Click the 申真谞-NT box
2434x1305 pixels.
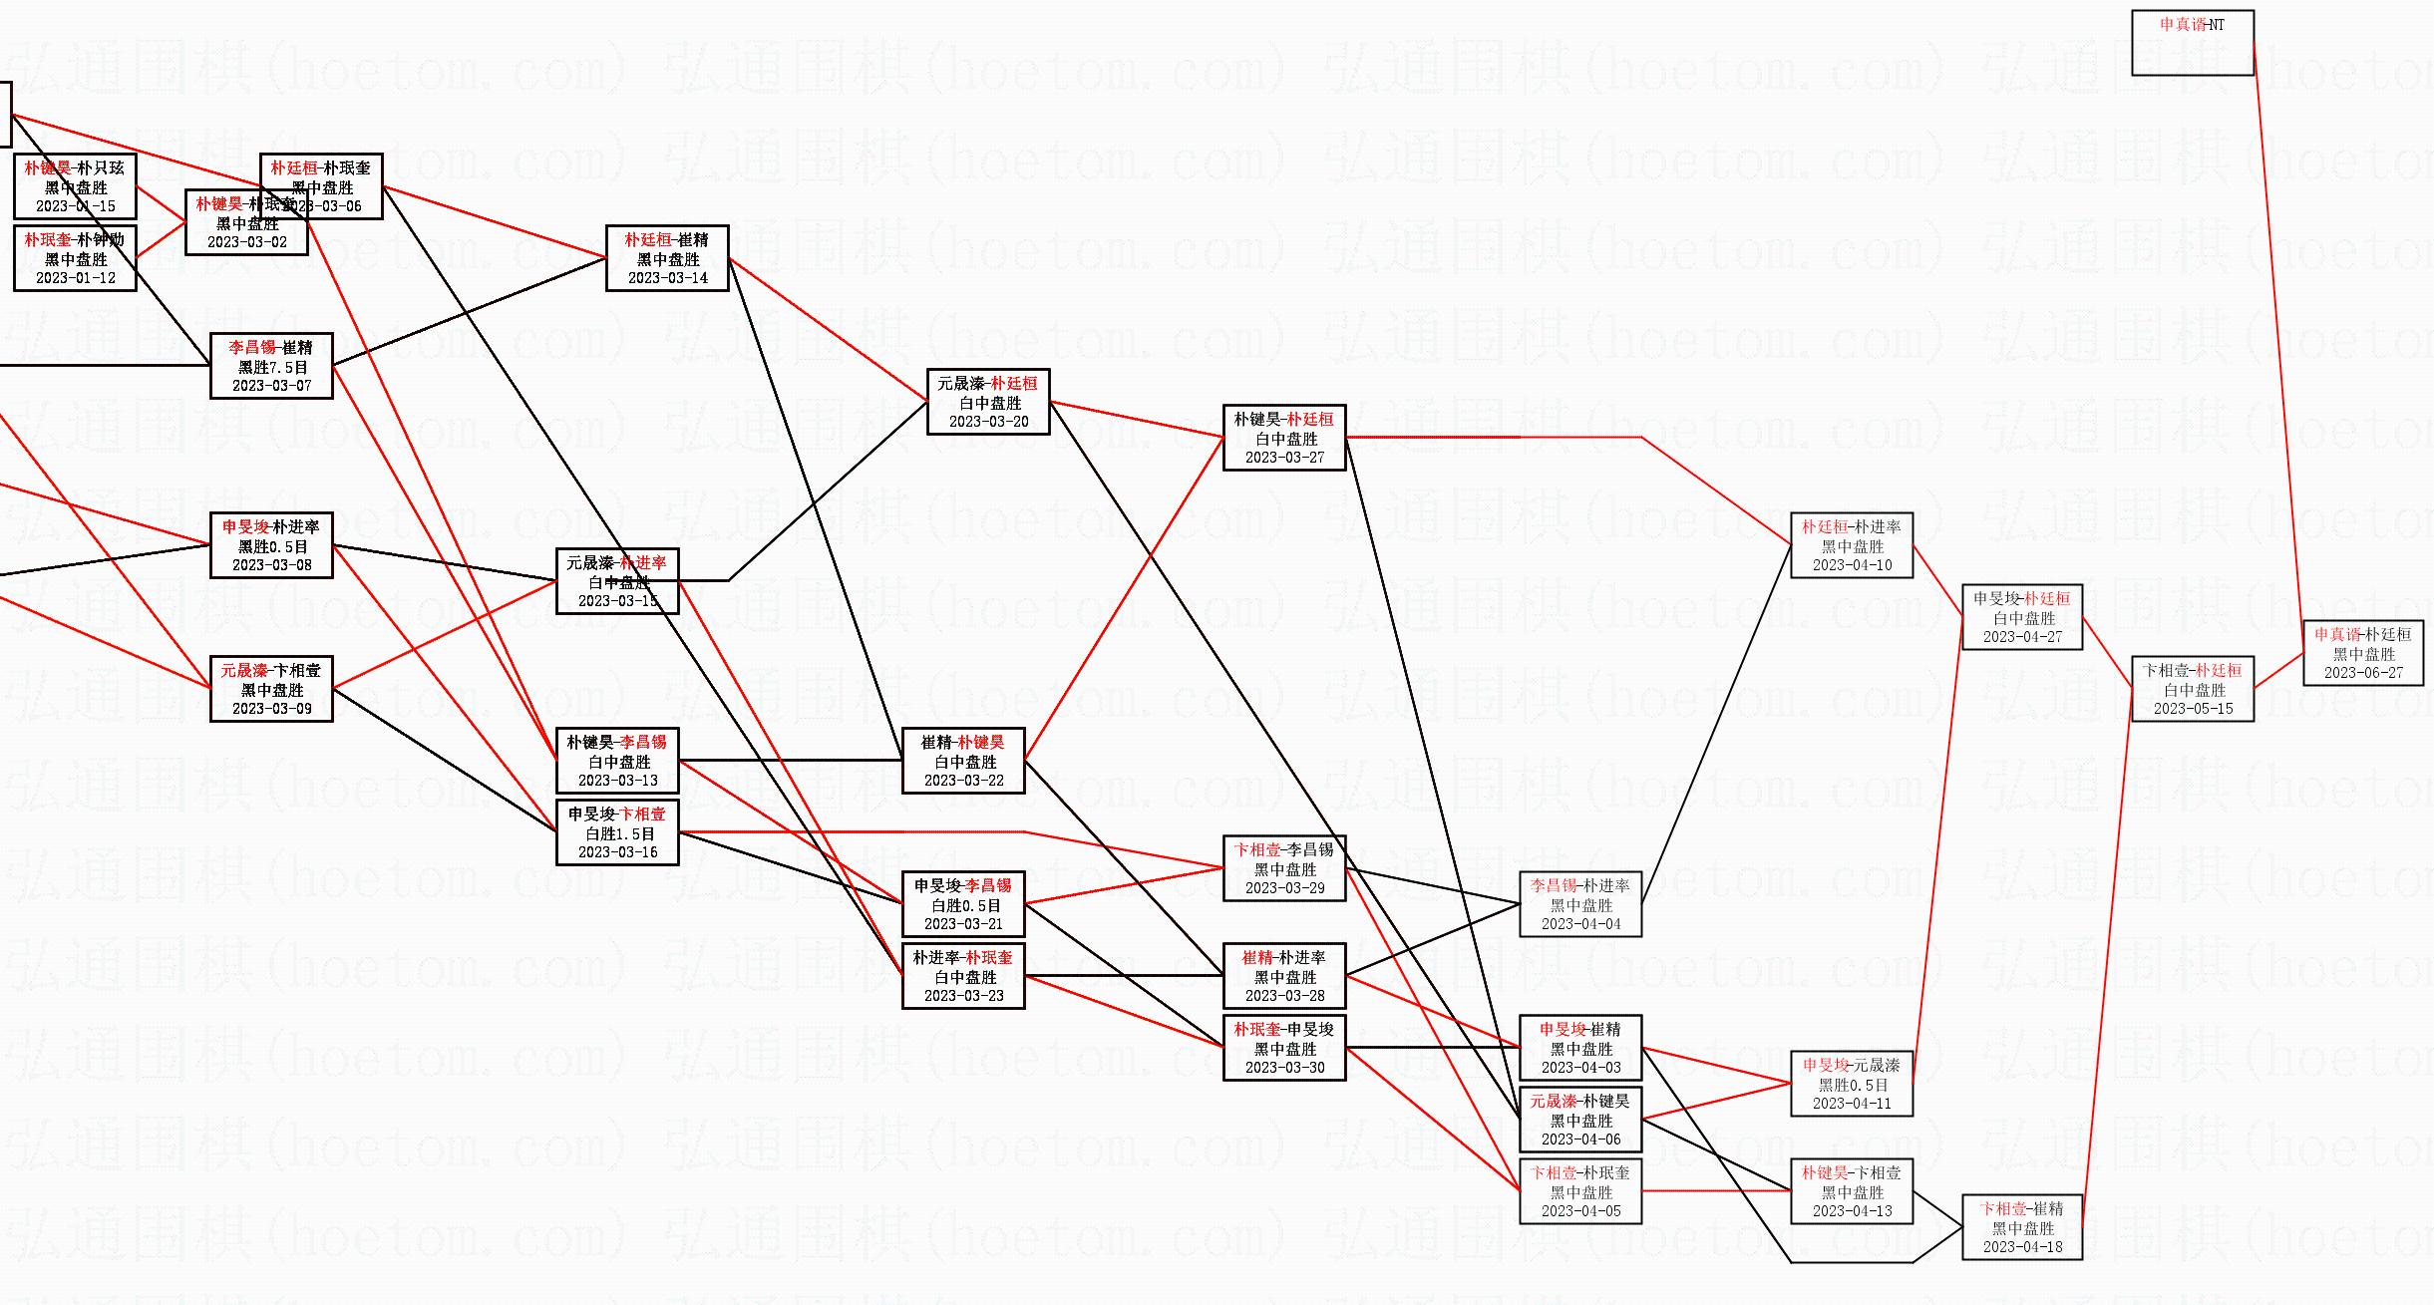(x=2192, y=43)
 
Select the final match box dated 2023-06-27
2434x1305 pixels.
(x=2362, y=653)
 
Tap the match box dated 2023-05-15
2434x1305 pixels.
(x=2193, y=689)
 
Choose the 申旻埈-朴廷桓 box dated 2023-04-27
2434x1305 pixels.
(x=2022, y=617)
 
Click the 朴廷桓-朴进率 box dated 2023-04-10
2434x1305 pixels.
(x=1852, y=545)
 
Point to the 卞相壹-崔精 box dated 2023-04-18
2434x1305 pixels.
(x=2022, y=1227)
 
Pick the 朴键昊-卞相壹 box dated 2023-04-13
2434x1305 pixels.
(x=1852, y=1191)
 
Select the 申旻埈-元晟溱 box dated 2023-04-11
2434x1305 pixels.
(x=1852, y=1084)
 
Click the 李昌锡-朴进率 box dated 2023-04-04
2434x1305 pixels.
(x=1580, y=904)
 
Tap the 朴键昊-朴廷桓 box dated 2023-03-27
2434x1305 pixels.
(x=1284, y=438)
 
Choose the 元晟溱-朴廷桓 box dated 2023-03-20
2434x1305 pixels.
(x=988, y=402)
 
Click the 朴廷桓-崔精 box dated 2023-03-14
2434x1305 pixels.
(x=667, y=258)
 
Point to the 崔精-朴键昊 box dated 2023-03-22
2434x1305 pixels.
(x=963, y=761)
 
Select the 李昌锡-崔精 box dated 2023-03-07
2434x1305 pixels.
(x=271, y=366)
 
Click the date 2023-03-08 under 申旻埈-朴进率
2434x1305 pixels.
(x=272, y=565)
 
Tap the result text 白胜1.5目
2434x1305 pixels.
(x=619, y=833)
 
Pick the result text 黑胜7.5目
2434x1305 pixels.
(x=272, y=367)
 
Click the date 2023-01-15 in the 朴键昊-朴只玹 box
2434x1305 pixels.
(x=76, y=206)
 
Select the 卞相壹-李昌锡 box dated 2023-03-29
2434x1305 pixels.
(x=1284, y=868)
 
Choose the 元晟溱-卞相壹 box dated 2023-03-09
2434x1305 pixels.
(x=271, y=689)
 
